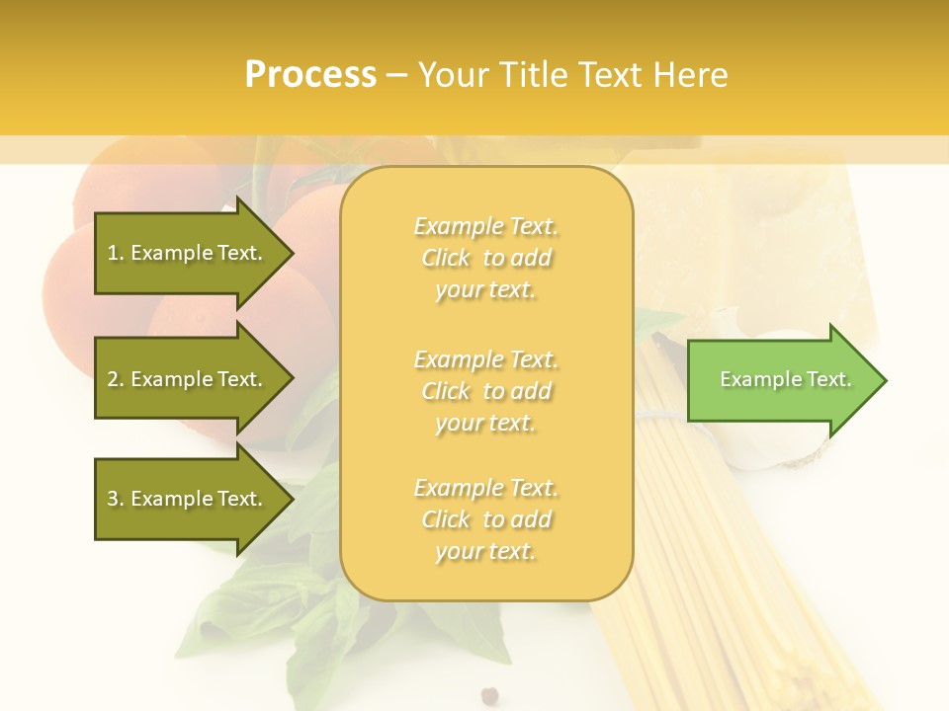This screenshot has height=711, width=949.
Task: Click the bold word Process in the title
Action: tap(309, 74)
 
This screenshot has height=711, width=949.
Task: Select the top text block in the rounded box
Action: tap(485, 258)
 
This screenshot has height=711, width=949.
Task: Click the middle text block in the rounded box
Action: tap(485, 391)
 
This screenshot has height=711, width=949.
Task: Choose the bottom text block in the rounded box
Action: tap(485, 519)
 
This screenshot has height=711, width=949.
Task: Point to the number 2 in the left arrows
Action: tap(113, 379)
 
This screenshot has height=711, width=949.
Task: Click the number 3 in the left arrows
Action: tap(113, 499)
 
